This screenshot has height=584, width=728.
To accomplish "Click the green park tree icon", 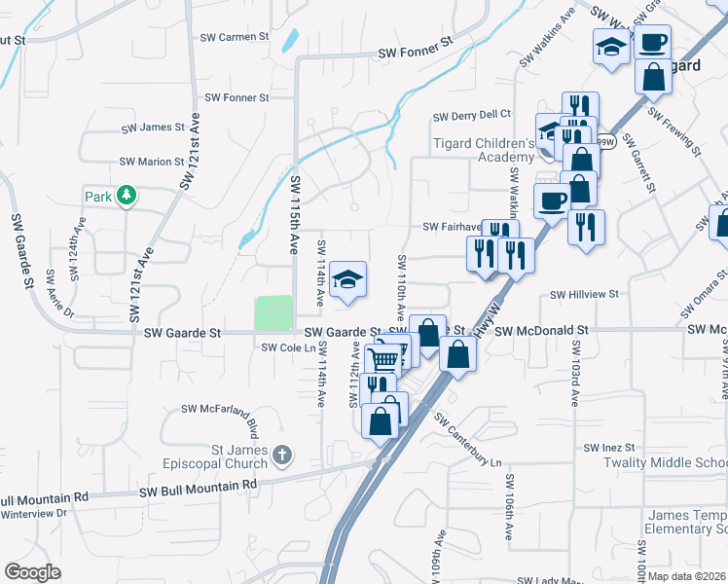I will [x=126, y=197].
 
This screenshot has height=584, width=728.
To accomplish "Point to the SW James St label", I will [x=153, y=128].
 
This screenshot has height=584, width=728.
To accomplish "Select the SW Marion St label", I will [x=152, y=162].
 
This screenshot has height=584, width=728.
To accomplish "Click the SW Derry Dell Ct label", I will [x=472, y=115].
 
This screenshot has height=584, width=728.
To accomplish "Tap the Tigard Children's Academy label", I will [x=484, y=151].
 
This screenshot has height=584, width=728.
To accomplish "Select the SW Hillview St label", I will [x=585, y=294].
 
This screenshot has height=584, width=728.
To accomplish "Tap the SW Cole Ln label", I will [x=288, y=348].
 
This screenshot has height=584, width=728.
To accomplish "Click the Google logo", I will [x=32, y=571].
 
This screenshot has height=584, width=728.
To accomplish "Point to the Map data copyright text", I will [x=687, y=576].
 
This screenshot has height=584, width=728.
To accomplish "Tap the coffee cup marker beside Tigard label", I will [x=653, y=41].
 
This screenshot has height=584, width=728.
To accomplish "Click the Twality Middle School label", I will [x=672, y=463].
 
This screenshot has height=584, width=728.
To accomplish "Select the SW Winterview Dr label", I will [x=34, y=513].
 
